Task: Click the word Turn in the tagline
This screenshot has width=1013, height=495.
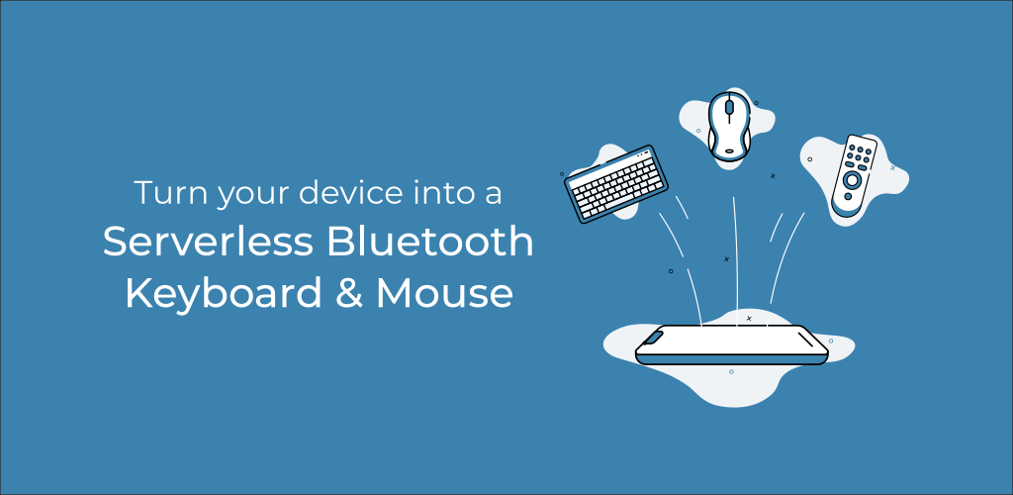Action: [x=162, y=194]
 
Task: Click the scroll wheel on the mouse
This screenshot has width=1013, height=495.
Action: [x=730, y=107]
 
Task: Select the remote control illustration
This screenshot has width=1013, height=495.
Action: [x=854, y=175]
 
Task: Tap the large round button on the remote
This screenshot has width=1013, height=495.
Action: [x=850, y=182]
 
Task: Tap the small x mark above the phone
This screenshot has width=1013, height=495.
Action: [x=749, y=318]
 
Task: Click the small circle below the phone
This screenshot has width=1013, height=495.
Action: [x=731, y=372]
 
